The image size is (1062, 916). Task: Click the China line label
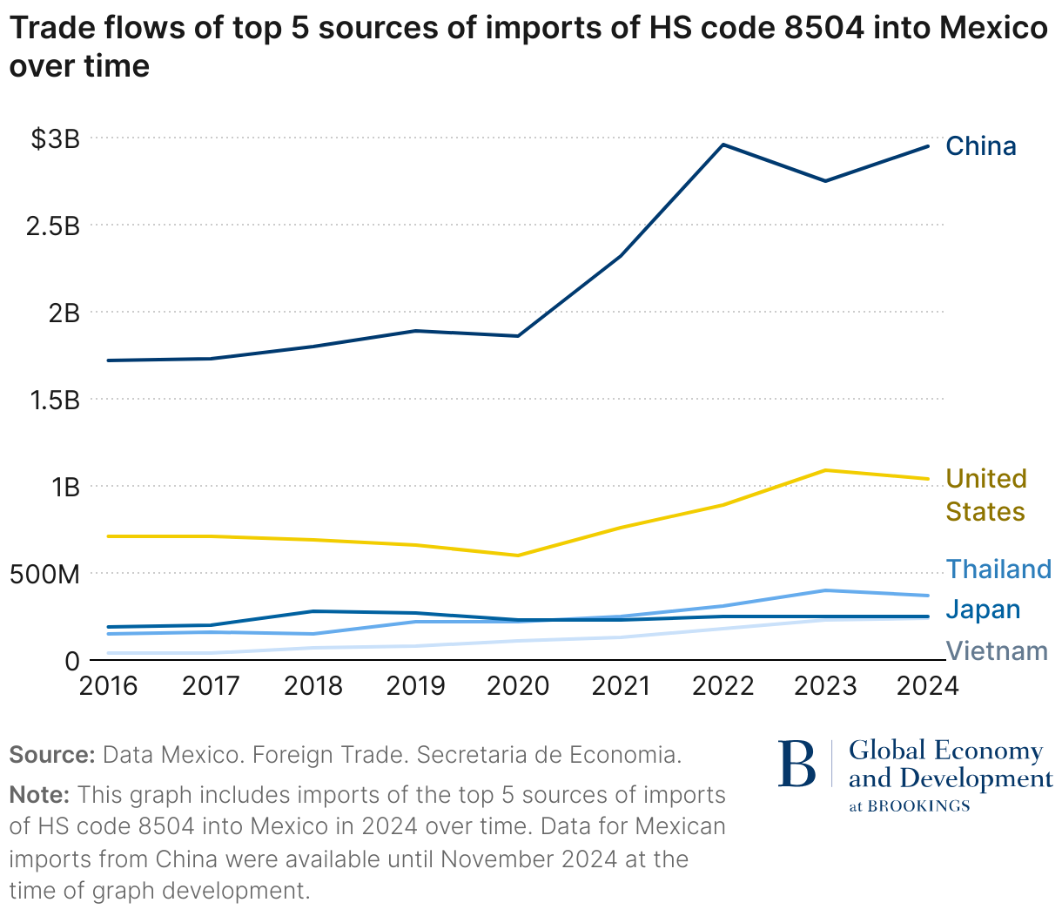tap(980, 145)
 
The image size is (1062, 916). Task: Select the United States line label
tap(985, 495)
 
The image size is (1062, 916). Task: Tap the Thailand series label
tap(998, 569)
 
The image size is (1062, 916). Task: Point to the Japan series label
tap(983, 610)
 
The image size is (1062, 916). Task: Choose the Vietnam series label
tap(997, 650)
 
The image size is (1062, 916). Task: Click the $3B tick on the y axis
tap(55, 138)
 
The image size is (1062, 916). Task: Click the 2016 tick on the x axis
tap(108, 686)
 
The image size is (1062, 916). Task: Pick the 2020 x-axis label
tap(518, 686)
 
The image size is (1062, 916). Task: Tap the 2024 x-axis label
tap(927, 686)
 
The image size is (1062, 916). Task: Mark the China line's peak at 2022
tap(723, 145)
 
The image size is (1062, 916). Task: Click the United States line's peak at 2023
tap(825, 470)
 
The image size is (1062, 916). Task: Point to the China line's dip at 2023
tap(825, 181)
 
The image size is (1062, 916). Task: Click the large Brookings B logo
tap(797, 764)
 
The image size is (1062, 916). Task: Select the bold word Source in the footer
tap(51, 754)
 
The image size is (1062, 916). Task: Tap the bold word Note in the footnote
tap(39, 795)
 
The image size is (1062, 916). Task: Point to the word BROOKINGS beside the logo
tap(919, 806)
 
